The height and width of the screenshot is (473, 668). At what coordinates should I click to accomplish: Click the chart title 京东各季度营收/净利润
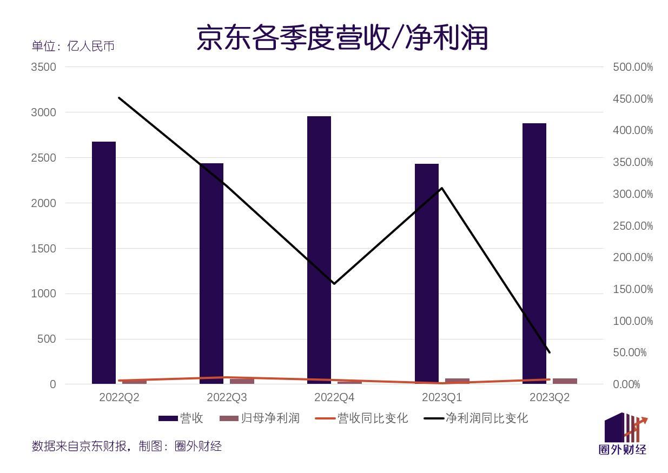342,38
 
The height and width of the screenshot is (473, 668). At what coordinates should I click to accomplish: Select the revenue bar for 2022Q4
319,249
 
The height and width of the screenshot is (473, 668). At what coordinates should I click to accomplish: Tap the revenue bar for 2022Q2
104,262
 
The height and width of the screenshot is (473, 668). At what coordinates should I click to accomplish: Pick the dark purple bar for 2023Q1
427,273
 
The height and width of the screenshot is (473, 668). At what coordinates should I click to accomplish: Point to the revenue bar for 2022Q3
211,273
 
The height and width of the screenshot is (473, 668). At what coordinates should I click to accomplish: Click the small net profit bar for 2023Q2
565,381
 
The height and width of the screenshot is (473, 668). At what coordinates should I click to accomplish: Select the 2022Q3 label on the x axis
227,398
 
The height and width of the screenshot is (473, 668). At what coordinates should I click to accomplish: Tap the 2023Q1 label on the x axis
442,398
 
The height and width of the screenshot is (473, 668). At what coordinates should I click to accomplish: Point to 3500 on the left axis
44,67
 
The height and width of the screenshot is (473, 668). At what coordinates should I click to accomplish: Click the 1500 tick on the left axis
44,249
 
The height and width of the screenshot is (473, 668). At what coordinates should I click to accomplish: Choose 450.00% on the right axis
633,99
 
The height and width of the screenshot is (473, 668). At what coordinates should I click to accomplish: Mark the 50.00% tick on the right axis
630,352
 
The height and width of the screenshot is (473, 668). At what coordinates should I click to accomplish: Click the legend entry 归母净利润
260,418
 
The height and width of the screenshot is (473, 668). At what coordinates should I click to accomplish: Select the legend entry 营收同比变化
361,418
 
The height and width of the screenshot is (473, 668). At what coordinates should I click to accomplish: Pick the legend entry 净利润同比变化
476,418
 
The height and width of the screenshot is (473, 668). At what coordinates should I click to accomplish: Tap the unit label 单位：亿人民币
73,46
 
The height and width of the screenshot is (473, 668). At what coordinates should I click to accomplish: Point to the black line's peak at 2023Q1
442,188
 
